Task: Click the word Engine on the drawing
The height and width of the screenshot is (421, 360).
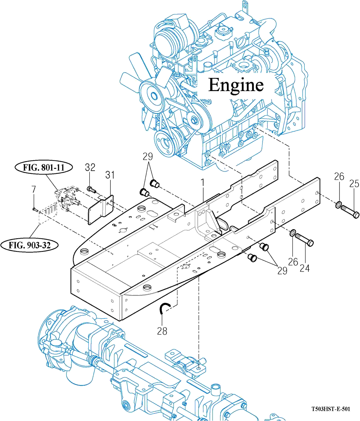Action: (x=235, y=85)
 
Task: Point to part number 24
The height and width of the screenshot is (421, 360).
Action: (x=305, y=268)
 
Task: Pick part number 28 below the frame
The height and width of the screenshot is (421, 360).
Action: (x=162, y=331)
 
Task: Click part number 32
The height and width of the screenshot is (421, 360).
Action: (x=90, y=167)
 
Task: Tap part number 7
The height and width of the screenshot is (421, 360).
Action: (x=34, y=189)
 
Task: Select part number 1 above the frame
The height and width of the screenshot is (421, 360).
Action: (x=203, y=182)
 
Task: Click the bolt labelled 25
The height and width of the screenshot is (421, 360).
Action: (x=350, y=211)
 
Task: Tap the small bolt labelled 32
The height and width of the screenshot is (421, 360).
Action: (x=91, y=189)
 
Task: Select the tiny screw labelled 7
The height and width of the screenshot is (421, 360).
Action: (x=34, y=209)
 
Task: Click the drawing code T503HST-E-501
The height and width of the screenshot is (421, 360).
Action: (x=330, y=409)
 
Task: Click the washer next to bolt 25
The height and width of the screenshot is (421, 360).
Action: (x=338, y=205)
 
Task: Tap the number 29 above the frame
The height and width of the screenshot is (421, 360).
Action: (x=148, y=156)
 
